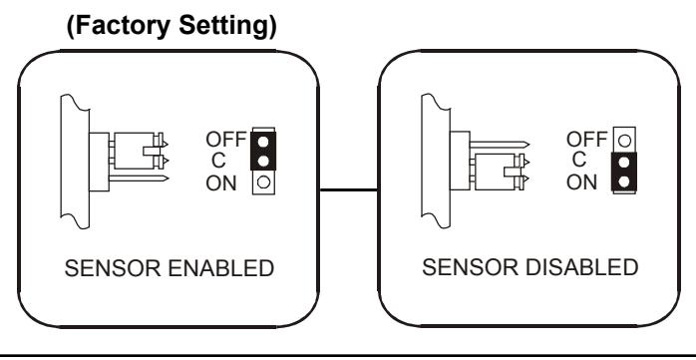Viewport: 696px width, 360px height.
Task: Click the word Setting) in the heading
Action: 227,26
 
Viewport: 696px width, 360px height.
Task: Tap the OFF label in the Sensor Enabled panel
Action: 226,140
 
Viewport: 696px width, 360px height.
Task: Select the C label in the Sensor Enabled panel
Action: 218,161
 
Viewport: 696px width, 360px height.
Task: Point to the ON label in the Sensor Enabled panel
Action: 221,183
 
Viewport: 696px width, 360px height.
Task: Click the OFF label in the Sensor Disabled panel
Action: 586,140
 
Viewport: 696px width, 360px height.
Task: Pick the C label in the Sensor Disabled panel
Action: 578,160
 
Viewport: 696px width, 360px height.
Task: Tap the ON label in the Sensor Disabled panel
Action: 582,182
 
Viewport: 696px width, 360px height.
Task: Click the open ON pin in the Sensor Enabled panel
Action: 263,182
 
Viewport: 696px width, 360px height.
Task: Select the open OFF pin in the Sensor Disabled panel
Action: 624,141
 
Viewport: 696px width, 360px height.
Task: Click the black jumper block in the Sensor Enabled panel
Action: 263,151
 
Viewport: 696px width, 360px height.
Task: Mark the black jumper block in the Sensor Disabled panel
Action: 624,172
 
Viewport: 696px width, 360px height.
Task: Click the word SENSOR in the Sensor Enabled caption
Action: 113,268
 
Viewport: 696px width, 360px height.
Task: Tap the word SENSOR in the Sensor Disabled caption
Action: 470,267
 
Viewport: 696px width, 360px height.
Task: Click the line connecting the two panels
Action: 349,190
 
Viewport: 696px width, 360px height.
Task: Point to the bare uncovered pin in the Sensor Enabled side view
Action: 139,179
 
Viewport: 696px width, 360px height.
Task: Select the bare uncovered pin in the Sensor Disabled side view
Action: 500,145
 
